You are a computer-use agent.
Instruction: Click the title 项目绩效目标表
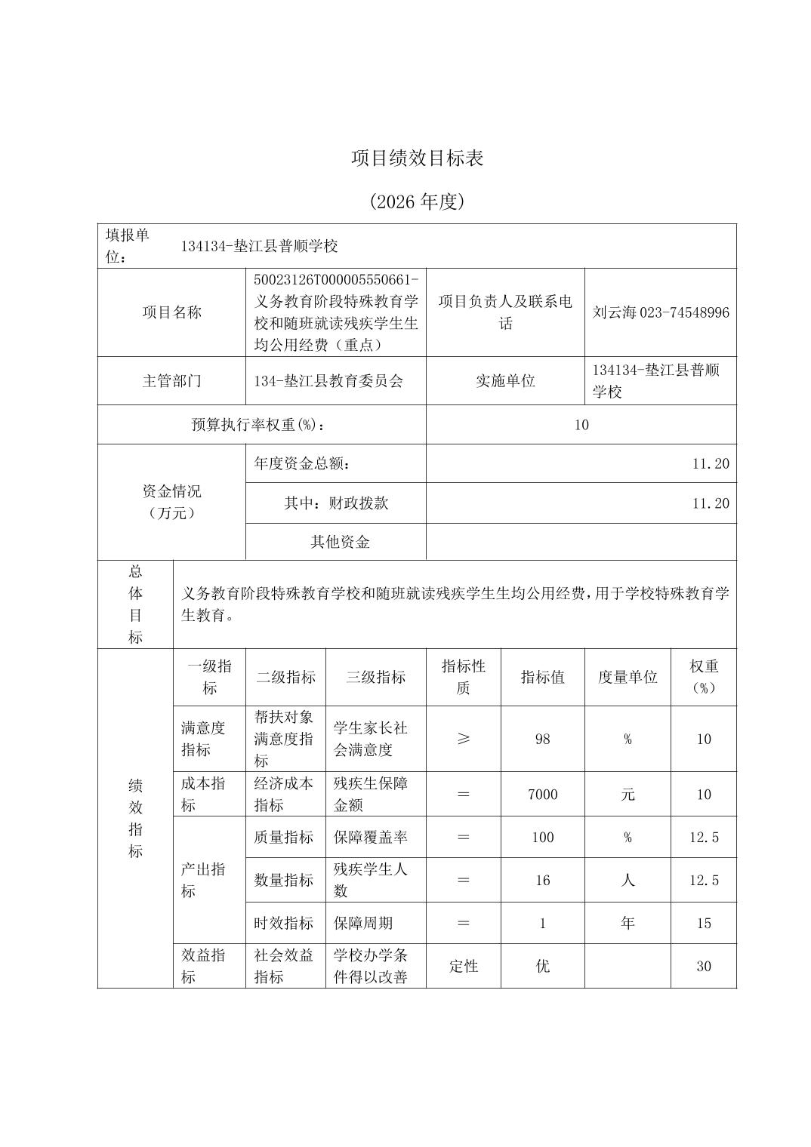tap(417, 158)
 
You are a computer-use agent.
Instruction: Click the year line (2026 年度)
tap(417, 201)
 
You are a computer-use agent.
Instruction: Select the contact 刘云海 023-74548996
tap(661, 312)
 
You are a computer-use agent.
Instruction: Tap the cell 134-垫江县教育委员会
tap(328, 381)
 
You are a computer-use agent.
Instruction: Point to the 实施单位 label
tap(505, 381)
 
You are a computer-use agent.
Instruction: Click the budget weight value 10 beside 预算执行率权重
tap(581, 425)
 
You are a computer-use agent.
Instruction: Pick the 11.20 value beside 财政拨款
tap(711, 503)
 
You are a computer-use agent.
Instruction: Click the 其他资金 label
tap(340, 542)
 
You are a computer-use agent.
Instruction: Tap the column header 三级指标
tap(375, 677)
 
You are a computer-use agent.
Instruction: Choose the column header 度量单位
tap(628, 677)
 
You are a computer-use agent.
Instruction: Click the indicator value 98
tap(542, 739)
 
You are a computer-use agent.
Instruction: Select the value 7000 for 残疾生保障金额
tap(542, 794)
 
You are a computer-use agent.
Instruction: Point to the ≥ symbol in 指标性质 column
tap(464, 739)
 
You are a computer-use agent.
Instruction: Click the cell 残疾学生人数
tap(370, 880)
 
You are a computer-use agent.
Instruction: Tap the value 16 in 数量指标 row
tap(542, 880)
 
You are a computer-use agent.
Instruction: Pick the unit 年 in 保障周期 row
tap(628, 923)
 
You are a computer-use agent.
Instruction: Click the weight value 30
tap(703, 966)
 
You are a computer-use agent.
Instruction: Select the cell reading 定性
tap(464, 966)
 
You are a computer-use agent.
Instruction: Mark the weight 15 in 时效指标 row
tap(703, 923)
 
